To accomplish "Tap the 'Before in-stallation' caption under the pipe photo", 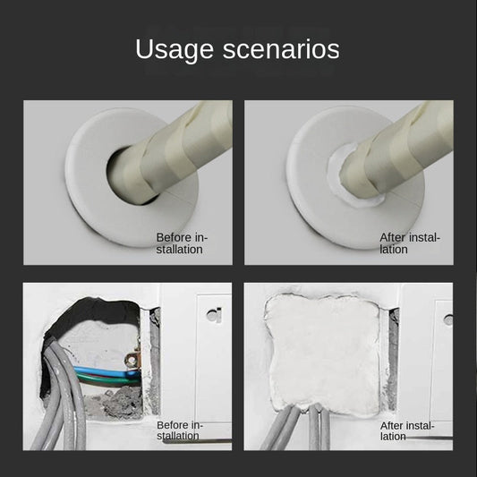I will (x=182, y=243).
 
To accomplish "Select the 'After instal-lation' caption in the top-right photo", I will (x=410, y=243).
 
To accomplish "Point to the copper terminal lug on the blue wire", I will (x=133, y=362).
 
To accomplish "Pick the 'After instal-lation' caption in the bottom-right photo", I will (x=410, y=430).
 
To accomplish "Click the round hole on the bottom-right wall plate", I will (x=447, y=319).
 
